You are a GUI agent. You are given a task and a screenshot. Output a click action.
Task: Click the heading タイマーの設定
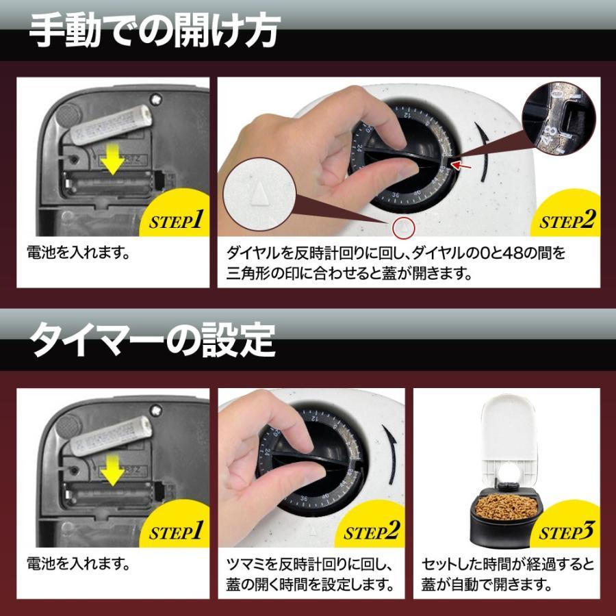click(153, 339)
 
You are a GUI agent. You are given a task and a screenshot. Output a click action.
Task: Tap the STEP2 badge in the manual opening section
click(567, 220)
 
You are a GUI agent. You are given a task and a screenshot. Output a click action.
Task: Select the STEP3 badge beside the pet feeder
click(567, 531)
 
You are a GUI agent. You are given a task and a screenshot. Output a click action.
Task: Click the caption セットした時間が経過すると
click(507, 565)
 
